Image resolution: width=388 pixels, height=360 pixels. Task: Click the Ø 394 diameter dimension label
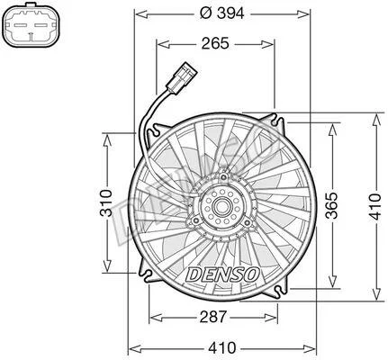[222, 13]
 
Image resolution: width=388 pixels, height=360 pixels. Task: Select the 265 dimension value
[215, 43]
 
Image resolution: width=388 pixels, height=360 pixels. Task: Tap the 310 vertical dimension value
[106, 202]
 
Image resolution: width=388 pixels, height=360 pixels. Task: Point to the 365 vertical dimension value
[332, 205]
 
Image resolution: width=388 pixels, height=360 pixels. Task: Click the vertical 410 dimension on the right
[375, 207]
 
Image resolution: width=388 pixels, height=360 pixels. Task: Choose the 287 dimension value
[212, 317]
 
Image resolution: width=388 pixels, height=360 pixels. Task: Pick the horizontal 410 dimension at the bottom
[222, 348]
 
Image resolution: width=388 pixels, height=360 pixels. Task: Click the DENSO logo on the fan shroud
[222, 274]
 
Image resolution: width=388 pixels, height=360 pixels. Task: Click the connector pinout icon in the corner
[32, 25]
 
